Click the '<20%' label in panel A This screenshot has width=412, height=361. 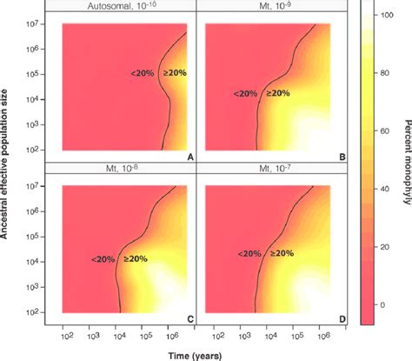click(142, 73)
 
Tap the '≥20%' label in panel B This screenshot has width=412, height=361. click(277, 93)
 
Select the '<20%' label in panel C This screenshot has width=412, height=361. click(103, 257)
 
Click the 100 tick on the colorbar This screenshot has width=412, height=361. click(388, 17)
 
